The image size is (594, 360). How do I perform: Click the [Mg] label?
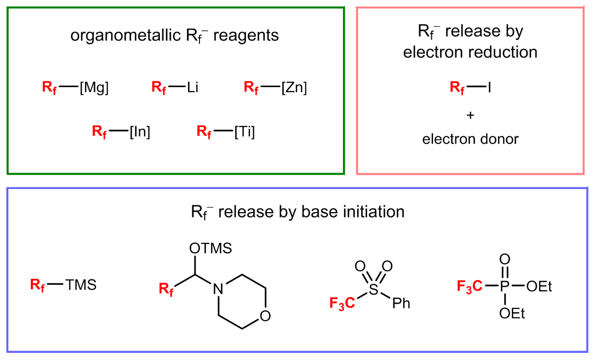(x=94, y=88)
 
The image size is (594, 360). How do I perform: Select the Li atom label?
(x=192, y=88)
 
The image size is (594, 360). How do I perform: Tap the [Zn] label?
(x=294, y=88)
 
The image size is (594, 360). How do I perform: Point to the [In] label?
(x=140, y=132)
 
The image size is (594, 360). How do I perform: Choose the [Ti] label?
(x=244, y=132)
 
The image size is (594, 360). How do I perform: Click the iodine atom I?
(x=489, y=87)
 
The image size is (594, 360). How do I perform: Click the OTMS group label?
(x=210, y=249)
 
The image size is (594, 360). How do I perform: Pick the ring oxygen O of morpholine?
(x=265, y=316)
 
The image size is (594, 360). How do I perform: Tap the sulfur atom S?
(x=373, y=289)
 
